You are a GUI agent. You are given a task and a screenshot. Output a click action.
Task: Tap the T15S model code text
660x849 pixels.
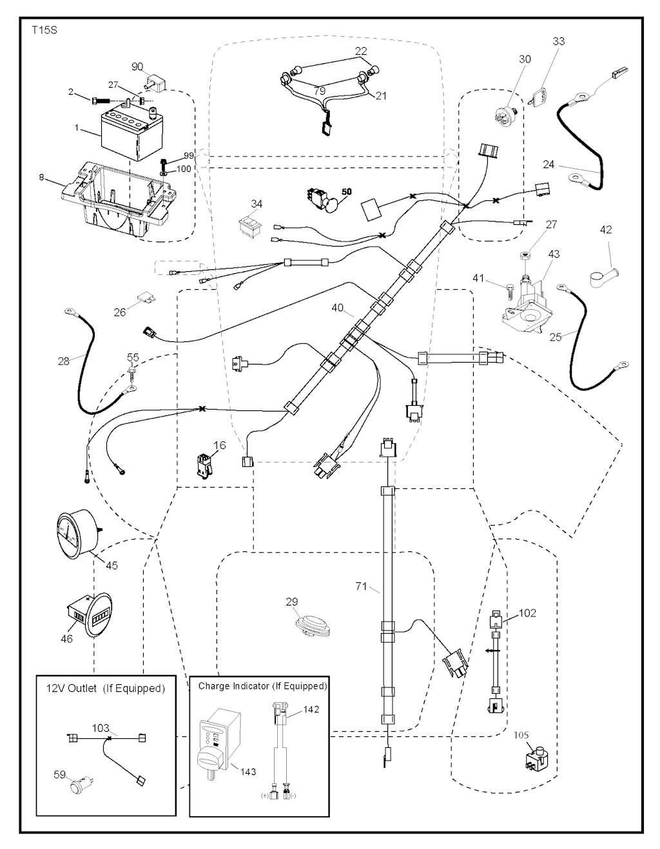[x=44, y=30]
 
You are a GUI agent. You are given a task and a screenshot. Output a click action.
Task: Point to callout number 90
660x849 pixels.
[x=137, y=67]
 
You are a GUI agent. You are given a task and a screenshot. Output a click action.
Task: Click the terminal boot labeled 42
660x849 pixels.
[x=603, y=275]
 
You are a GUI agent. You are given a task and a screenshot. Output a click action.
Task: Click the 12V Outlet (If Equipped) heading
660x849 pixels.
[x=106, y=689]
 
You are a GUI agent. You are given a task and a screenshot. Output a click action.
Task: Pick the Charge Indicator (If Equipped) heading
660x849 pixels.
[x=262, y=686]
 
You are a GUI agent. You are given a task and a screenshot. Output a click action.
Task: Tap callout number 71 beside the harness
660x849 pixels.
[x=362, y=586]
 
